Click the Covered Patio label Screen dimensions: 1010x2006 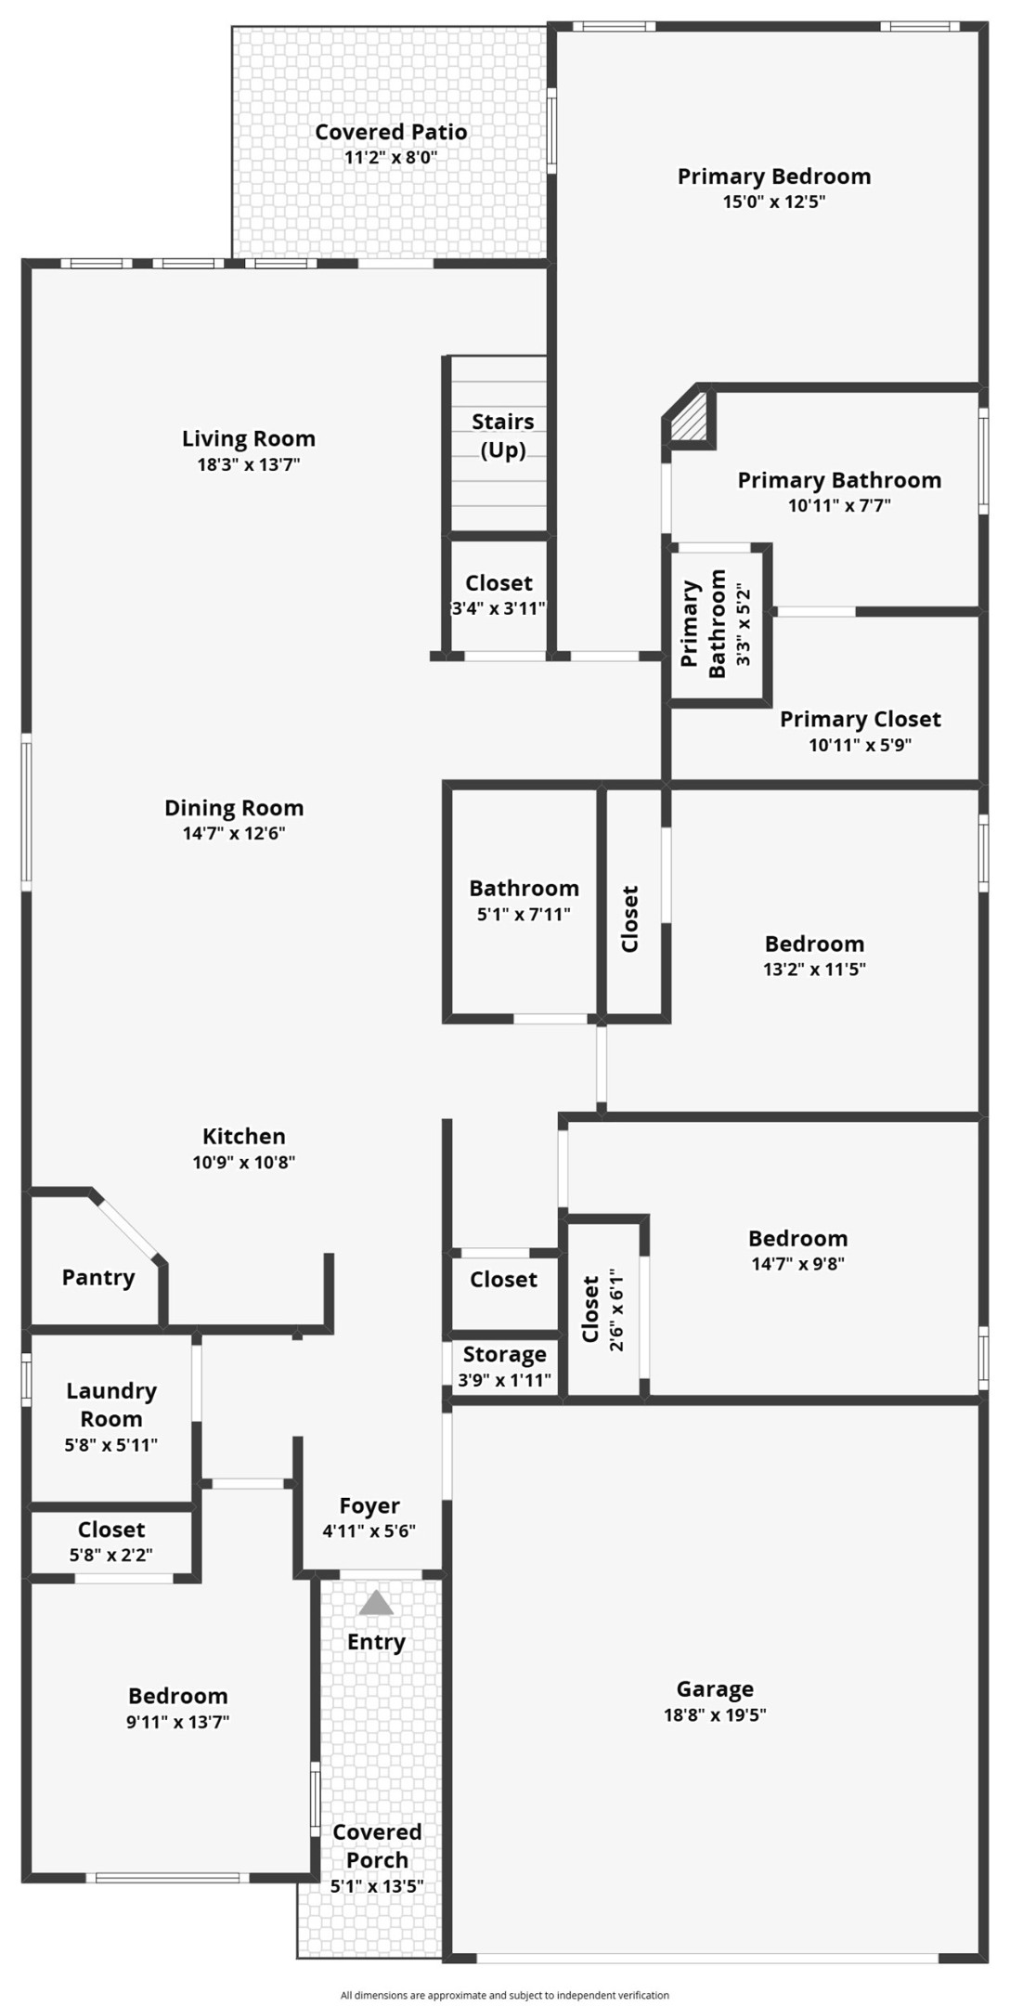pyautogui.click(x=391, y=132)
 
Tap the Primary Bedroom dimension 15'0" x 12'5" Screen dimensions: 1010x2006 pyautogui.click(x=774, y=202)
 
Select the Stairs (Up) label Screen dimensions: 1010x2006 pyautogui.click(x=503, y=436)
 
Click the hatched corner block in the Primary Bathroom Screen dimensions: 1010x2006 pyautogui.click(x=690, y=419)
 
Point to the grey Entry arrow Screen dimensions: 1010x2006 pyautogui.click(x=376, y=1603)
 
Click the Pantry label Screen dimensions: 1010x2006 pyautogui.click(x=98, y=1278)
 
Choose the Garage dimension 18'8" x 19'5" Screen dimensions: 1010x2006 pyautogui.click(x=715, y=1714)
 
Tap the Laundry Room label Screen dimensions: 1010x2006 pyautogui.click(x=111, y=1404)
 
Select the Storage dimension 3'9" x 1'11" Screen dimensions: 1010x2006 pyautogui.click(x=505, y=1380)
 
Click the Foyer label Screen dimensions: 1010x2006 pyautogui.click(x=369, y=1505)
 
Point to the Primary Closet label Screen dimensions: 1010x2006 pyautogui.click(x=861, y=719)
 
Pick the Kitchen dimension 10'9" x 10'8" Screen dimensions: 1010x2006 pyautogui.click(x=244, y=1162)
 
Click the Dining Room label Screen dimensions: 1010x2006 pyautogui.click(x=234, y=808)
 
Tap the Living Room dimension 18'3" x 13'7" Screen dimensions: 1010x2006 pyautogui.click(x=249, y=464)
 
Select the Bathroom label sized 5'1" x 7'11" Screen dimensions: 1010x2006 pyautogui.click(x=524, y=889)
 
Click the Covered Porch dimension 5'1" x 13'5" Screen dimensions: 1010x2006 pyautogui.click(x=377, y=1886)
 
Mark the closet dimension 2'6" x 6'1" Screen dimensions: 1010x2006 pyautogui.click(x=616, y=1309)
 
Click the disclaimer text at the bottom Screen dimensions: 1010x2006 pyautogui.click(x=505, y=1995)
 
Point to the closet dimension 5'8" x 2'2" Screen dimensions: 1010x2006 pyautogui.click(x=111, y=1555)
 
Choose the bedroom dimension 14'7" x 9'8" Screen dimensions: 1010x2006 pyautogui.click(x=798, y=1263)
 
